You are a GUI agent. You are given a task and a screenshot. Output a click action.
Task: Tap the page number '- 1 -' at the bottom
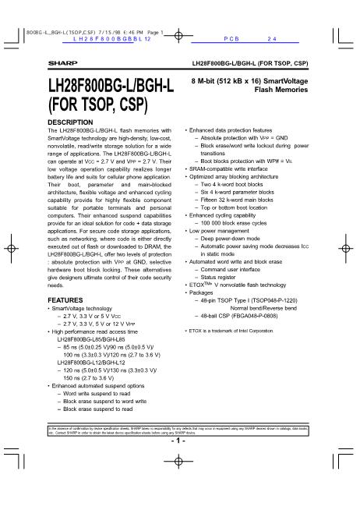coord(178,441)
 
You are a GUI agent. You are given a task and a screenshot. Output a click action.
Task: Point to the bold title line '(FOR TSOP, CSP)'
coord(92,105)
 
